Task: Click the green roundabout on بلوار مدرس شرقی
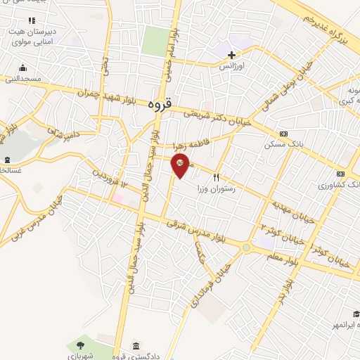tap(246, 247)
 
